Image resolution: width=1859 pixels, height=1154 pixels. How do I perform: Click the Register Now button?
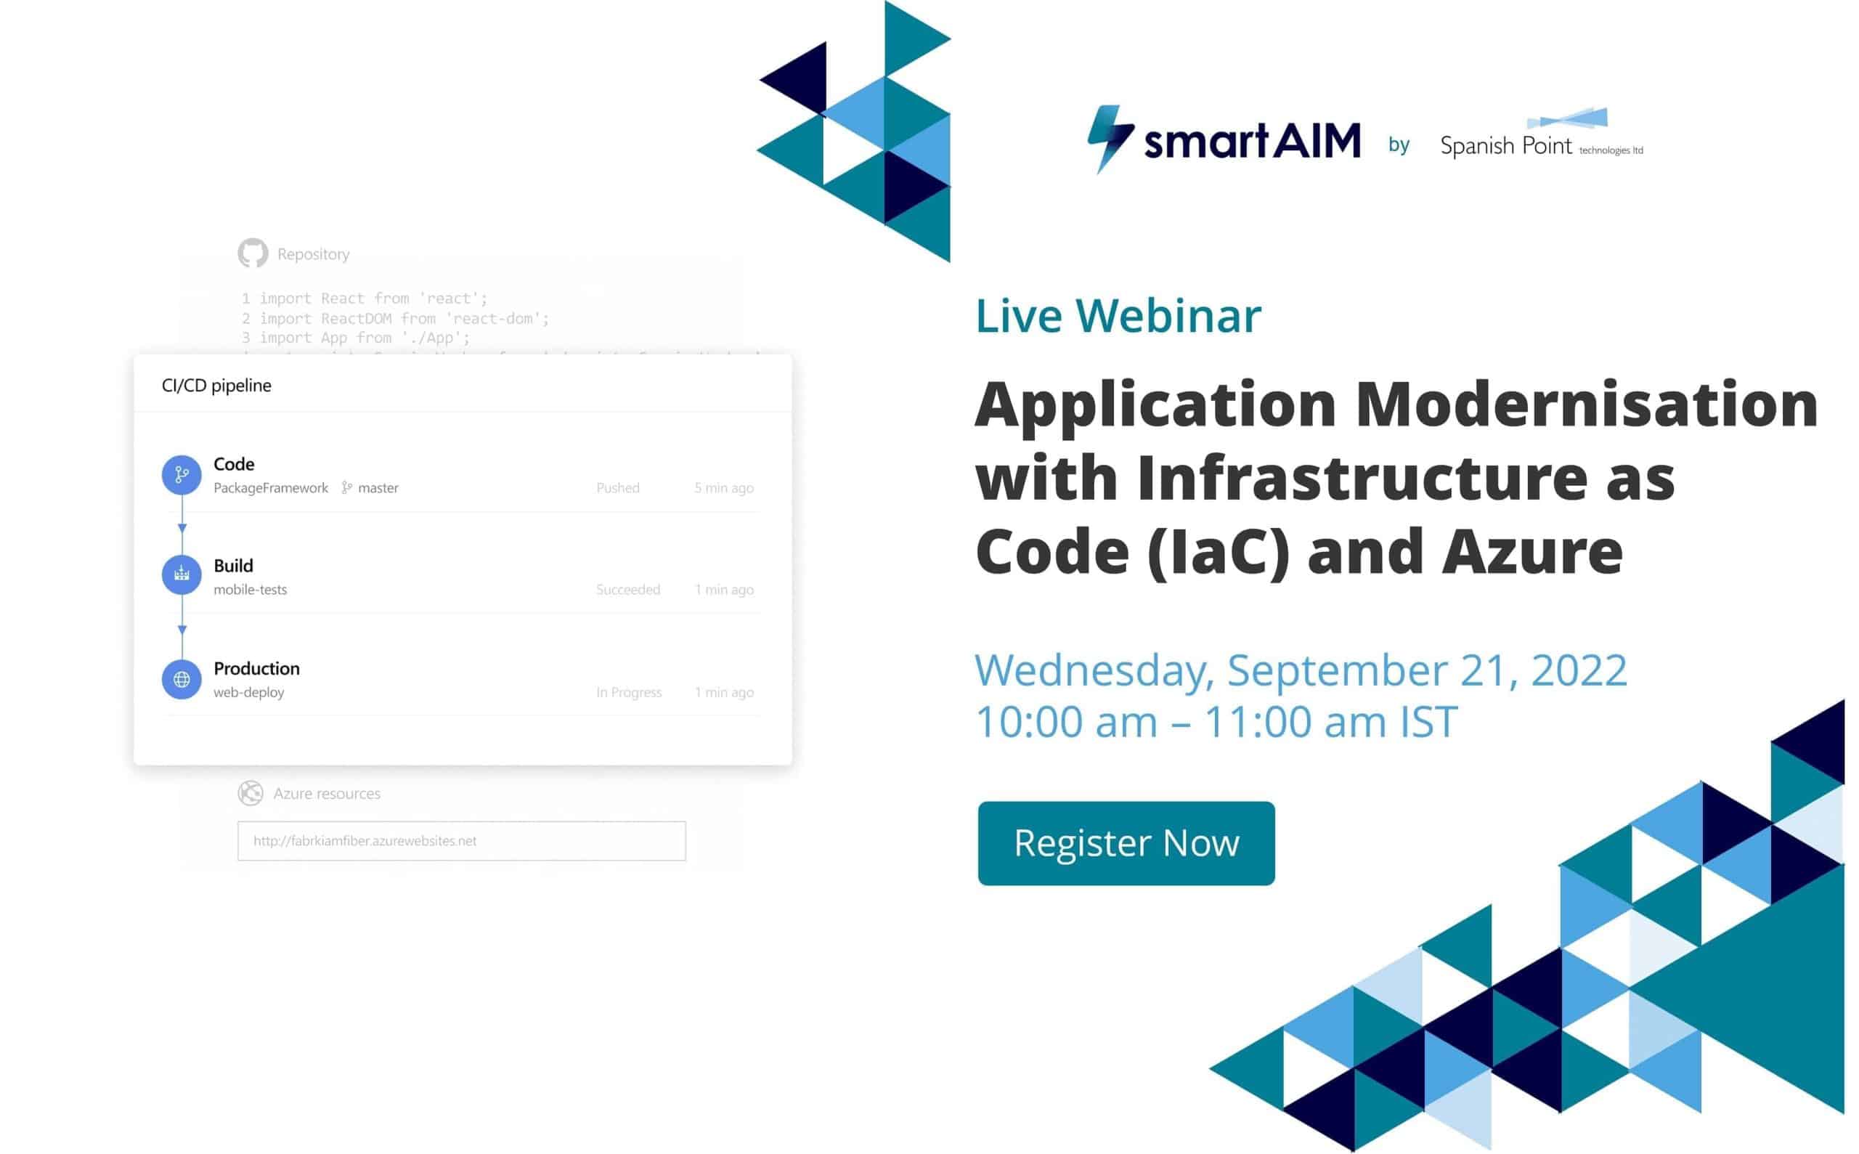tap(1126, 843)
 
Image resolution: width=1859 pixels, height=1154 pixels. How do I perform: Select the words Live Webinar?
tap(1118, 315)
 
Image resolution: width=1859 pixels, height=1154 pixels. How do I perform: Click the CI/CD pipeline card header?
tap(216, 386)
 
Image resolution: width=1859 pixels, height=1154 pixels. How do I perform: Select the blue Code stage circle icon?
tap(182, 475)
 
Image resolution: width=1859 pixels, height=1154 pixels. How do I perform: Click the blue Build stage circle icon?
tap(182, 574)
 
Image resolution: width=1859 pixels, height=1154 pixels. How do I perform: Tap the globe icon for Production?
tap(182, 679)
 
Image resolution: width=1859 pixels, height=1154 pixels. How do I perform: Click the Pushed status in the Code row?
tap(617, 488)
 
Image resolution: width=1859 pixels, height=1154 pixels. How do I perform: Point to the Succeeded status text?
tap(627, 589)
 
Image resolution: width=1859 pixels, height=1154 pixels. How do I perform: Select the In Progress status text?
tap(628, 692)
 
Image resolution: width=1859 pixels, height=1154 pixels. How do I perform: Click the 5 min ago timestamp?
tap(723, 488)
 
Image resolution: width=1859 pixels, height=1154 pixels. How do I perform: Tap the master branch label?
tap(378, 488)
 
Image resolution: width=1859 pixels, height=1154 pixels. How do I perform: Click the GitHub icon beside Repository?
tap(253, 253)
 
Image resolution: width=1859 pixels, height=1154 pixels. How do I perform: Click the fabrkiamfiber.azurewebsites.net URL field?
tap(461, 840)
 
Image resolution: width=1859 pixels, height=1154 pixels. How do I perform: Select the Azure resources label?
tap(327, 794)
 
